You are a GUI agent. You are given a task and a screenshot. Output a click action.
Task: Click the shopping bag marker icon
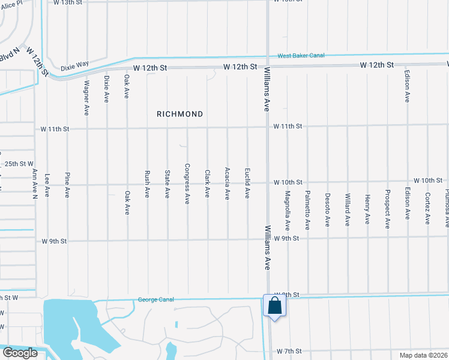pos(274,305)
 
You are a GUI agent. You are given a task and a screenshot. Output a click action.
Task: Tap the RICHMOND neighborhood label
pos(180,114)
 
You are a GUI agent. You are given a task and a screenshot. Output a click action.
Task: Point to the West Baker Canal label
pos(301,56)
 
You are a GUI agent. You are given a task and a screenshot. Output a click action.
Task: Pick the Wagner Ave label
pos(87,98)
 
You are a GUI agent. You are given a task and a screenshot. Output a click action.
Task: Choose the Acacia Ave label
pos(227,183)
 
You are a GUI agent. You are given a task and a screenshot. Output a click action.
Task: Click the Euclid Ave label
pos(247,183)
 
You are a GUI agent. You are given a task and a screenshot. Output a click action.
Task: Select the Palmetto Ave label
pos(307,211)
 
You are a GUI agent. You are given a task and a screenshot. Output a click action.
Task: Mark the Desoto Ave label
pos(328,209)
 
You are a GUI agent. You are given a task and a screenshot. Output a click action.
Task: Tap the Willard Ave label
pos(348,209)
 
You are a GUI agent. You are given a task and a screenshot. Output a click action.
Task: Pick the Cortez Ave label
pos(428,208)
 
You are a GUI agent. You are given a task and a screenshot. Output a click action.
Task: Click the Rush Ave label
pos(147,184)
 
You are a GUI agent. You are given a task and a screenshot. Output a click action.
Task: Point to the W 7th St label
pos(288,351)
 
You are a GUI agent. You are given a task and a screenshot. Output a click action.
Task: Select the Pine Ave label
pos(67,184)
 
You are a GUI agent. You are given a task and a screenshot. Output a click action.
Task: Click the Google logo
pos(19,353)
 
